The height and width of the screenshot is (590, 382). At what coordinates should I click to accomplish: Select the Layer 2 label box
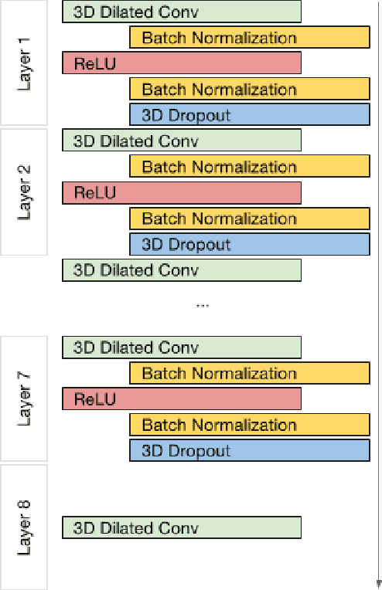[x=25, y=192]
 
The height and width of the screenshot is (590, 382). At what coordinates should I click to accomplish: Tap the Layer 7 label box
[x=25, y=398]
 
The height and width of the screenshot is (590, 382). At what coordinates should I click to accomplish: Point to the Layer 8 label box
[x=25, y=527]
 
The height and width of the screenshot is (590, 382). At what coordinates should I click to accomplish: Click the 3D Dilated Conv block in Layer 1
[x=182, y=12]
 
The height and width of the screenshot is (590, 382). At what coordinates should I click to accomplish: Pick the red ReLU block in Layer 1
[x=182, y=63]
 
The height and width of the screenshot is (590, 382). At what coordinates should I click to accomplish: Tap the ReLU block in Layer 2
[x=182, y=193]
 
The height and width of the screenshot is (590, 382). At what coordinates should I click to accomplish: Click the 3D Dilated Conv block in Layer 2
[x=182, y=141]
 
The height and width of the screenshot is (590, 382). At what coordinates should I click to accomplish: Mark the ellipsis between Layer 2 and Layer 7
[x=203, y=306]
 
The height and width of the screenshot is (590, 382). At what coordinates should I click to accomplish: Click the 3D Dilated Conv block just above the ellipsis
[x=182, y=270]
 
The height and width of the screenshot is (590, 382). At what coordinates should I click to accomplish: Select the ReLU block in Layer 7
[x=182, y=399]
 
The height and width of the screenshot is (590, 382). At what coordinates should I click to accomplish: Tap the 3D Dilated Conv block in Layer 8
[x=182, y=528]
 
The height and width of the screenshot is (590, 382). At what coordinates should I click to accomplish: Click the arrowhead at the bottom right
[x=378, y=584]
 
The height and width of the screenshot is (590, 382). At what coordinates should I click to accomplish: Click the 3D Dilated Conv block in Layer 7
[x=182, y=348]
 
